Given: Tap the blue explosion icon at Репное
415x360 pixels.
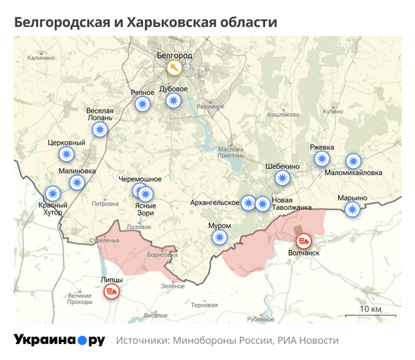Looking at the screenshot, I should point(142,104).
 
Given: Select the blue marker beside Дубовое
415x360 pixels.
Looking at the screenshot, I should point(173,101).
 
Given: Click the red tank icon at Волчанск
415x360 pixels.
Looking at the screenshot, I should point(303,241).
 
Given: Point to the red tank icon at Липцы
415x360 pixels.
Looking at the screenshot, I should point(111,291).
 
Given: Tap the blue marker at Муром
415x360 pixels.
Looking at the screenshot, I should point(219,237).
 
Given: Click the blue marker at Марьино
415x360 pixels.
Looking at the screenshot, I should point(353,209).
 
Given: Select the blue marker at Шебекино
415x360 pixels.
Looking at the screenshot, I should point(282,178).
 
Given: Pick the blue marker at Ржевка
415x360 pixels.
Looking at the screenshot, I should point(322,159).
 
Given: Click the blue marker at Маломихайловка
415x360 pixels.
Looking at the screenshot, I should point(353,161).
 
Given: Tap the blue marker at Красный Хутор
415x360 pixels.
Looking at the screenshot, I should point(53,194).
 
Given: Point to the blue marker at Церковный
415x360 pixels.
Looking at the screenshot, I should point(66,154).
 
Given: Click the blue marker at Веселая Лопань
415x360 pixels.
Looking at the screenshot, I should point(101,129).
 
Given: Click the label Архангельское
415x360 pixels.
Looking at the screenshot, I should point(214,203).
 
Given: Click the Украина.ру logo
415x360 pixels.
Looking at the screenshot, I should point(59,340).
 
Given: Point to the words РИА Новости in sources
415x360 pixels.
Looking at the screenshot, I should point(306,341).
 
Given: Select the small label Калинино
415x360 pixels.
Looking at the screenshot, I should point(40,58).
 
